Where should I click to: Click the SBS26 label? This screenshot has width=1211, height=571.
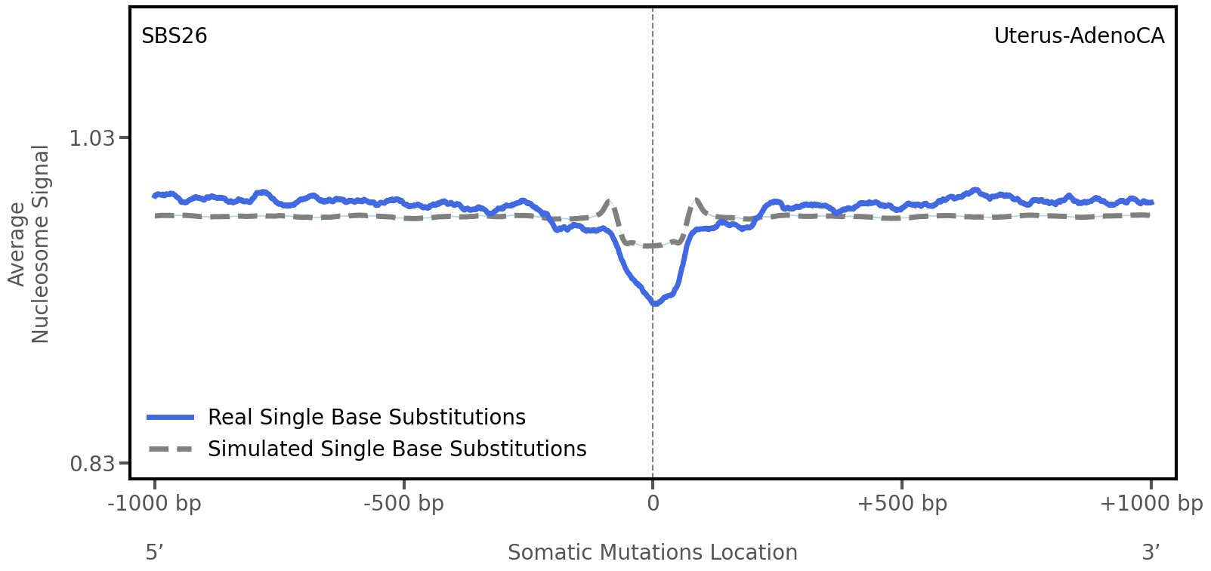click(174, 36)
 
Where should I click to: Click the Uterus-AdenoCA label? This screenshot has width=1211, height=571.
click(1078, 36)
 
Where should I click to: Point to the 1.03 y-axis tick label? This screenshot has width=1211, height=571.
click(91, 138)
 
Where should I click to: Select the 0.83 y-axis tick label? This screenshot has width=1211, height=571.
click(91, 463)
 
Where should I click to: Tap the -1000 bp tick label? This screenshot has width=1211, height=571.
click(155, 503)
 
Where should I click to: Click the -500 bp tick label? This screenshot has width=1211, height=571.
click(403, 503)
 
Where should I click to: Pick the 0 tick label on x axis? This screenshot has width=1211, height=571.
click(653, 503)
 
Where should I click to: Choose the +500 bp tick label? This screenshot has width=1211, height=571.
click(902, 503)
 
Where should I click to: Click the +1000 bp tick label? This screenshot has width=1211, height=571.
click(1151, 503)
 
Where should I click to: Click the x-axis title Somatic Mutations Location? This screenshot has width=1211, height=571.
click(652, 552)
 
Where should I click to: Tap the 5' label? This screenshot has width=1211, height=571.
click(154, 552)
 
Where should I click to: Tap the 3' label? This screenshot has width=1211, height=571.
click(1151, 552)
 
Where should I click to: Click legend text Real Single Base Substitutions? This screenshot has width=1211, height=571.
click(366, 417)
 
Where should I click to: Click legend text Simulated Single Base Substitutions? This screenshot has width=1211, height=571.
click(397, 449)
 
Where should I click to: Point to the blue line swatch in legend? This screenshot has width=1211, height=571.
click(171, 417)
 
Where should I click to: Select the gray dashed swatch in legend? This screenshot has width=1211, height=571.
click(171, 449)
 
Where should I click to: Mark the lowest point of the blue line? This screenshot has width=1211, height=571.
click(655, 304)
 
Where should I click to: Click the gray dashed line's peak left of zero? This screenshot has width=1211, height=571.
click(608, 201)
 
